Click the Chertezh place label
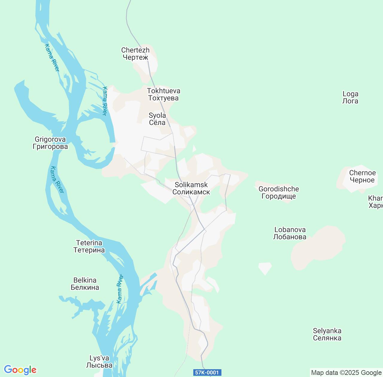[135, 54]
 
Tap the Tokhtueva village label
[163, 94]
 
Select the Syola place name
[157, 119]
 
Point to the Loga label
[350, 98]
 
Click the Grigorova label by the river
[50, 143]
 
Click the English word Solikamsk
[191, 185]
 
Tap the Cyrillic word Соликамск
[191, 192]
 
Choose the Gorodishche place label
[279, 192]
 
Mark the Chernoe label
[362, 176]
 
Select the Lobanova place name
[290, 233]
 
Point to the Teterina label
[89, 246]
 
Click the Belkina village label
[85, 284]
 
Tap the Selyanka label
[327, 334]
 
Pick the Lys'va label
[99, 361]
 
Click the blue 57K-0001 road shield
[207, 373]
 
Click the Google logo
[20, 370]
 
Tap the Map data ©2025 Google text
[346, 373]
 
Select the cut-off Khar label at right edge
[376, 202]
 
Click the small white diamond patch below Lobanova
[265, 268]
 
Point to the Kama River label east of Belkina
[120, 289]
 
